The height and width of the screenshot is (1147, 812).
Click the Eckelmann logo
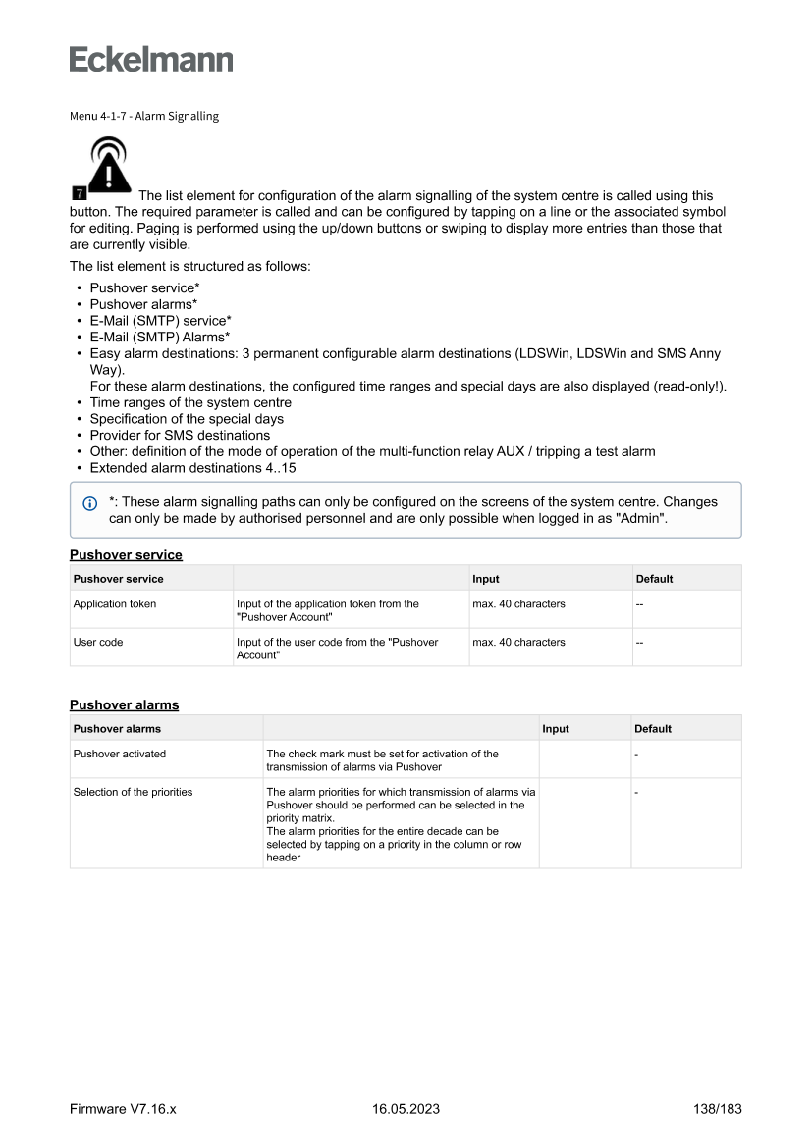click(151, 59)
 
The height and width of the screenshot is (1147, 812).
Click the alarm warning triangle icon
click(108, 166)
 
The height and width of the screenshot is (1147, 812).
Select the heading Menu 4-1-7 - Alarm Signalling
click(144, 116)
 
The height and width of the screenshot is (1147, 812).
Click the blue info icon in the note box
click(90, 503)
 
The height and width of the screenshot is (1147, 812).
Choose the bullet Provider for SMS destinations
click(180, 435)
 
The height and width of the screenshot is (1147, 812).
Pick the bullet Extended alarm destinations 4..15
click(192, 468)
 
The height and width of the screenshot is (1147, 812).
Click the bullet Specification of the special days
click(187, 419)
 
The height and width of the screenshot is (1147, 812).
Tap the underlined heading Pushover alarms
click(125, 704)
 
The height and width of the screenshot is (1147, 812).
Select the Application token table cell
click(115, 604)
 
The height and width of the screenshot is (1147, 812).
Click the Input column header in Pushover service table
click(486, 579)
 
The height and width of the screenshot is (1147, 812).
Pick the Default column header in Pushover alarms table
click(653, 729)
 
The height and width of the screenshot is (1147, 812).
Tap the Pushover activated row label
click(120, 754)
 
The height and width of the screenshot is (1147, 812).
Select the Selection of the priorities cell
click(134, 792)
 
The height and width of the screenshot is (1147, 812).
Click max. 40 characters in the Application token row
click(518, 604)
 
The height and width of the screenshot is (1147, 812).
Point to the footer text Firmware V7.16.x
click(123, 1110)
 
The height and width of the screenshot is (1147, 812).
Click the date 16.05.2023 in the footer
click(406, 1110)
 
